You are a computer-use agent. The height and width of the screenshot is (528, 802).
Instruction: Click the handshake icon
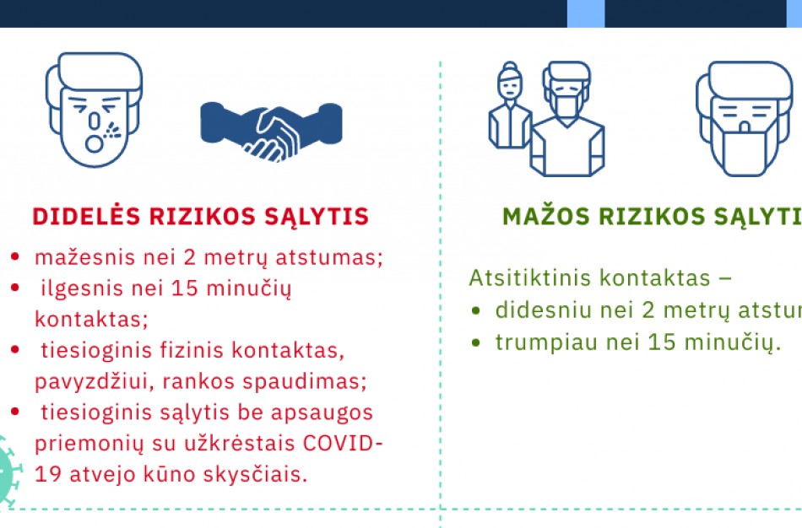270,131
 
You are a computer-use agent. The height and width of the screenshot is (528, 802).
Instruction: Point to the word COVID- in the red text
342,444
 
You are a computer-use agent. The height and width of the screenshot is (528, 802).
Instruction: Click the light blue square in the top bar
585,13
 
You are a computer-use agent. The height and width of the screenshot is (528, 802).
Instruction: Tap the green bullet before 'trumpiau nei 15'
477,342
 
